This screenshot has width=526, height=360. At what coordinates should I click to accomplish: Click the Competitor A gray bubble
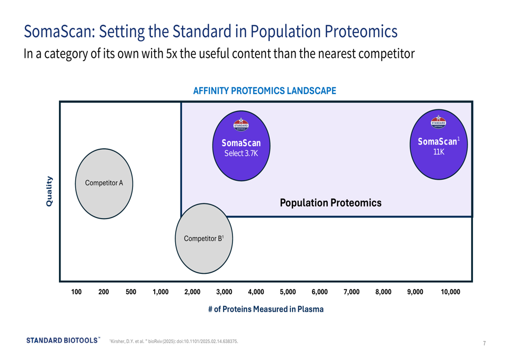pos(104,184)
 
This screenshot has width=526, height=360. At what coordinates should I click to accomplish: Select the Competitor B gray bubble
pos(204,238)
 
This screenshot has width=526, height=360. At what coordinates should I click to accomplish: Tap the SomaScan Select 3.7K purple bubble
pos(241,146)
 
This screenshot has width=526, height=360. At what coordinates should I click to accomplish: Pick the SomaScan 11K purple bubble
pos(439,145)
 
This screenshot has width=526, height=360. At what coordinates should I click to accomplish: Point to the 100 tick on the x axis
pos(76,292)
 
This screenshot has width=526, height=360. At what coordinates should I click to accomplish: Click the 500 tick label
pos(131,292)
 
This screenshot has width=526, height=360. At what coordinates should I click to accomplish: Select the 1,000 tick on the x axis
pos(160,292)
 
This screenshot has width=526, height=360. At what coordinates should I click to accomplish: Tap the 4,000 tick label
pos(256,292)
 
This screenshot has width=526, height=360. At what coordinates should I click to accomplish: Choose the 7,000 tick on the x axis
pos(351,292)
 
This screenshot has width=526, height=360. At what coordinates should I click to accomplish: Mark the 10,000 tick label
pos(450,292)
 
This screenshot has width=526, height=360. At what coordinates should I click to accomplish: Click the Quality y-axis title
pos(49,191)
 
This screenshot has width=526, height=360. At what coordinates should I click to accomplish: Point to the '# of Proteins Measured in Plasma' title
pos(266,309)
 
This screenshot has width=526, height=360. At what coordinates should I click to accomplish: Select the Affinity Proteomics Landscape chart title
pos(265,91)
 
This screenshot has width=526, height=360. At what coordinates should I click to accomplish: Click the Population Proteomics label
pos(330,203)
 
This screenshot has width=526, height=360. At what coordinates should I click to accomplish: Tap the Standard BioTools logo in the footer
pos(63,340)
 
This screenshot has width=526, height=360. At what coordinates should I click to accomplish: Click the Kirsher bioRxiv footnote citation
pos(174,341)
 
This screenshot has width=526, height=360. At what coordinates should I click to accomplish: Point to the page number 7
pos(484,343)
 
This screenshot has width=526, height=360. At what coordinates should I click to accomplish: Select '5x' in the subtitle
pos(171,53)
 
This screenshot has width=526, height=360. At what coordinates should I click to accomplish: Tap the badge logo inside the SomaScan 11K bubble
pos(439,122)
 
